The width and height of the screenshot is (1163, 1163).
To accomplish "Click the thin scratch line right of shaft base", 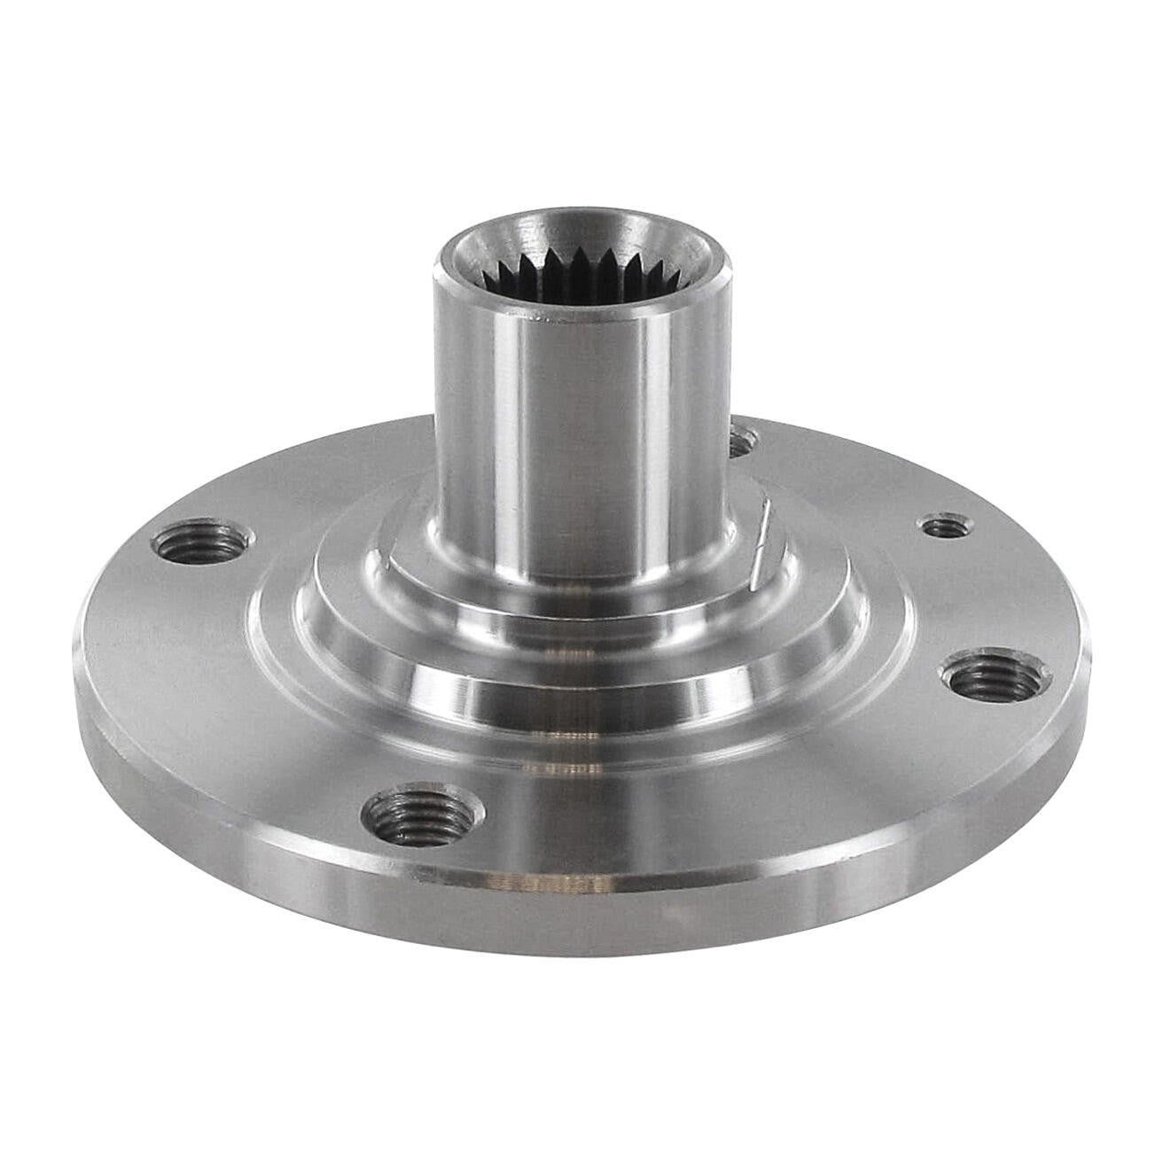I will tap(759, 545).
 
